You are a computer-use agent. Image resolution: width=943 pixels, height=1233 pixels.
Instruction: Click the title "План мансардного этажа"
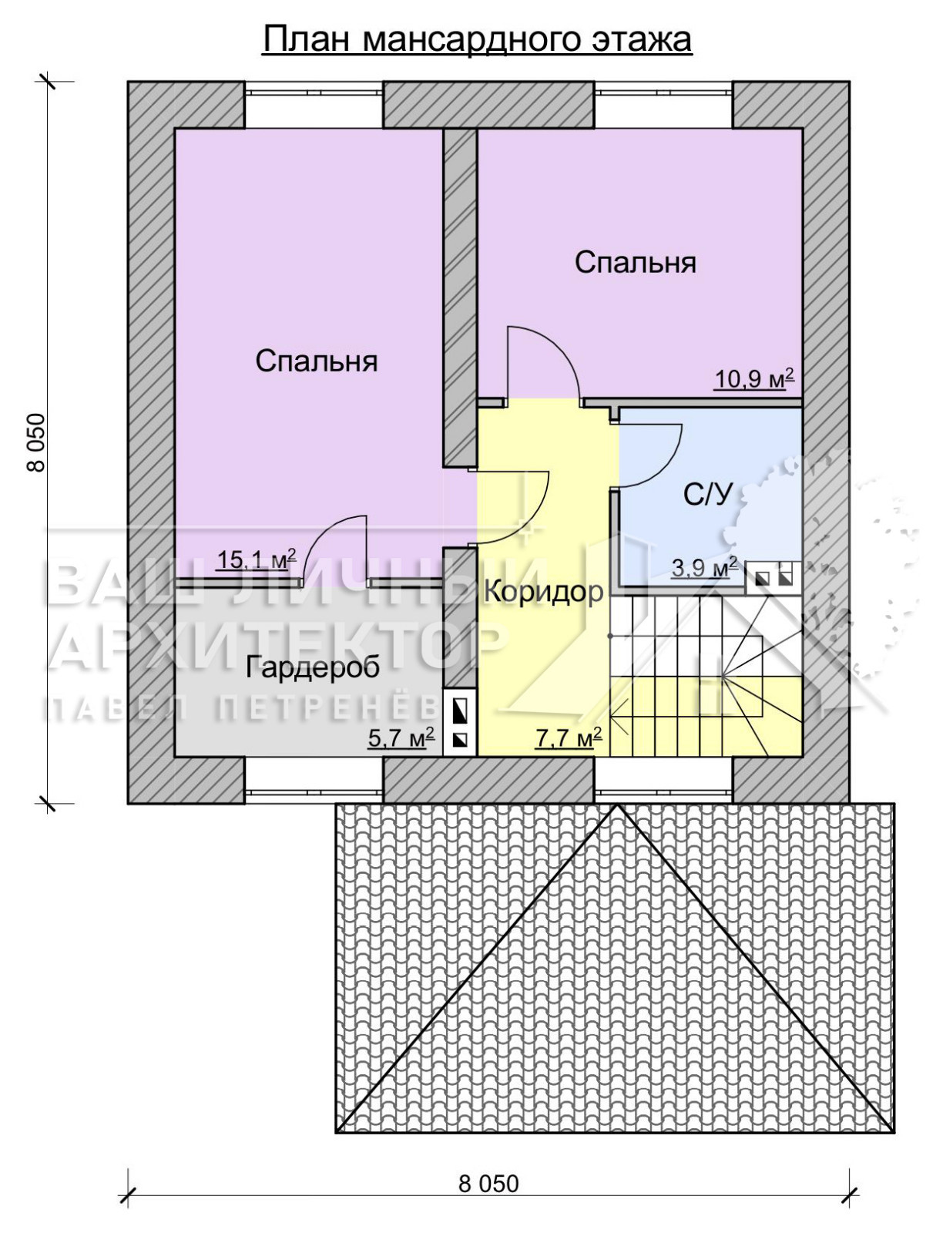pyautogui.click(x=477, y=40)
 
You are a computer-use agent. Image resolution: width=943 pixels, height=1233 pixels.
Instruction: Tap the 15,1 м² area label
pyautogui.click(x=256, y=559)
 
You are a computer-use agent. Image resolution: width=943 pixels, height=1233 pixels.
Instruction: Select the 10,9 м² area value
pyautogui.click(x=754, y=379)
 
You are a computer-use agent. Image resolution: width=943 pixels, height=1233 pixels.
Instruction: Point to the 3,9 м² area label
pyautogui.click(x=705, y=568)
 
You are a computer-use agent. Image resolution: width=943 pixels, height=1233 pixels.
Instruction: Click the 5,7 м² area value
pyautogui.click(x=401, y=737)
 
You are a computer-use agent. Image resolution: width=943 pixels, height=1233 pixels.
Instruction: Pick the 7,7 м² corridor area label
pyautogui.click(x=569, y=737)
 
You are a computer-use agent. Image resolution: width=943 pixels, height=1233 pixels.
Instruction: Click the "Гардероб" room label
pyautogui.click(x=313, y=668)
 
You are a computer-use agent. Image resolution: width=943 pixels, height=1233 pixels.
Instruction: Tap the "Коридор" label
pyautogui.click(x=544, y=592)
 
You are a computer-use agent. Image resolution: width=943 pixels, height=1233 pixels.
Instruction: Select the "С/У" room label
pyautogui.click(x=708, y=495)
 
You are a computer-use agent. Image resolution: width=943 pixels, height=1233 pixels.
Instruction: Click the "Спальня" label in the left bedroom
pyautogui.click(x=316, y=361)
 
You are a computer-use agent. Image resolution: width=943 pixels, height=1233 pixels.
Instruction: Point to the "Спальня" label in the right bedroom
pyautogui.click(x=636, y=263)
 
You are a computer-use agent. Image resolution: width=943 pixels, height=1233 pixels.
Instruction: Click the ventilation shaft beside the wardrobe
pyautogui.click(x=460, y=722)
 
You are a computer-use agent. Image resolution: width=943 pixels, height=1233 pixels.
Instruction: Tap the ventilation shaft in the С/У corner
pyautogui.click(x=774, y=577)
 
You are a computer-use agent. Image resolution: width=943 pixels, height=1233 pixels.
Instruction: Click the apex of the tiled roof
pyautogui.click(x=616, y=804)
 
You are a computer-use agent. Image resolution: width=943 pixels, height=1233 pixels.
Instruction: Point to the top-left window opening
pyautogui.click(x=314, y=105)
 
